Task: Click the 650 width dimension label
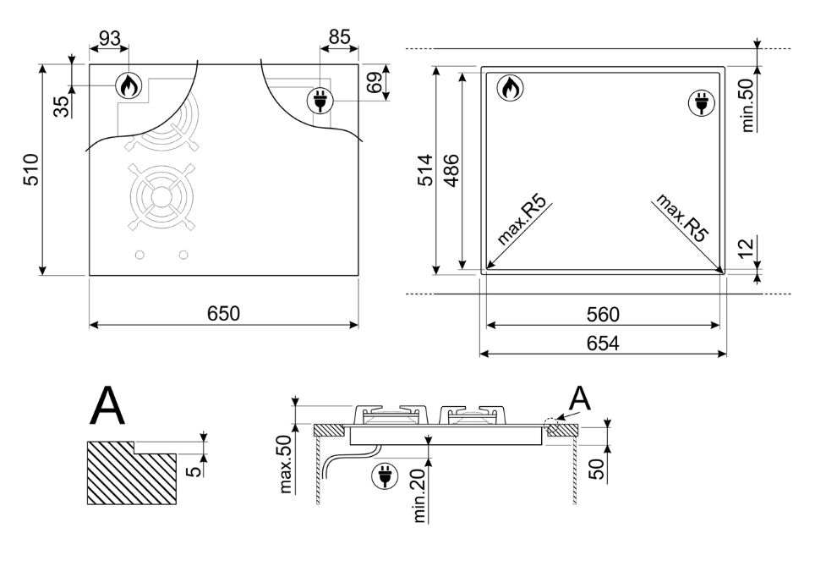point(223,314)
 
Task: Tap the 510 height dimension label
point(31,169)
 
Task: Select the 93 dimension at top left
point(110,39)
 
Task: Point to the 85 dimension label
point(339,37)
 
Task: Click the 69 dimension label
point(375,82)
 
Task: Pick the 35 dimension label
point(62,107)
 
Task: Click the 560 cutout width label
point(603,314)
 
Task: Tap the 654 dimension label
point(603,343)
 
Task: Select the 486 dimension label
point(451,170)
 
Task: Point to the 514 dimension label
point(425,170)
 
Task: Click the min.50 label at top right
point(747,105)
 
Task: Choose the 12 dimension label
point(746,248)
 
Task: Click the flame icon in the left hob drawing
point(128,85)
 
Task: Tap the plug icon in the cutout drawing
point(702,102)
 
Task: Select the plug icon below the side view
point(386,476)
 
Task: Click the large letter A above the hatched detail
point(107,405)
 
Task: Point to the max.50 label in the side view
point(286,464)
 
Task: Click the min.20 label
point(419,492)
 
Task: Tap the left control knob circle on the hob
point(139,255)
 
